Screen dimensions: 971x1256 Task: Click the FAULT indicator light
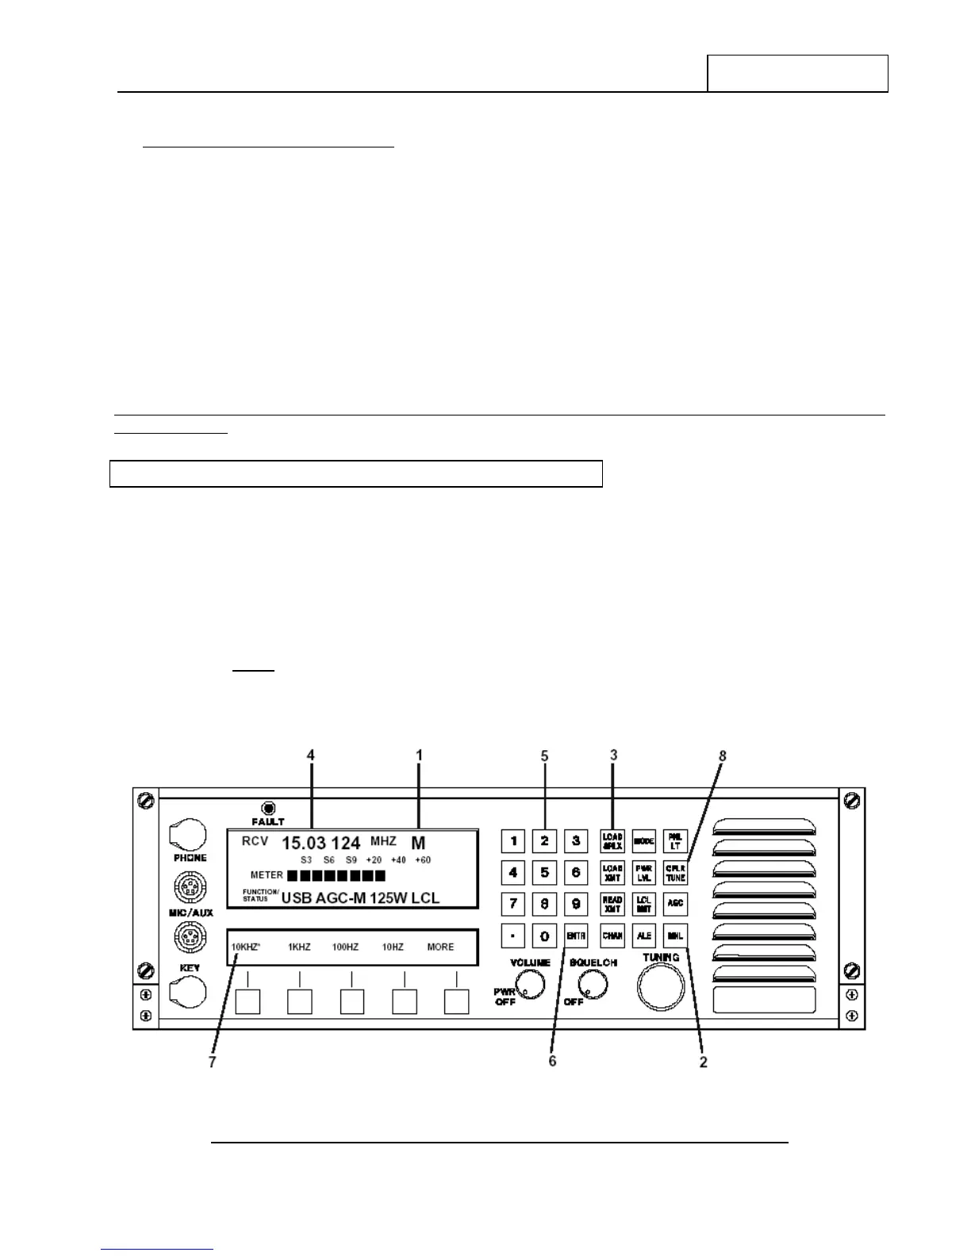pyautogui.click(x=268, y=808)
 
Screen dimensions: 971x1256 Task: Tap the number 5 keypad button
pyautogui.click(x=544, y=873)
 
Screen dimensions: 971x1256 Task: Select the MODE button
pyautogui.click(x=643, y=841)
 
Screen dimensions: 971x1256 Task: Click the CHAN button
pyautogui.click(x=612, y=936)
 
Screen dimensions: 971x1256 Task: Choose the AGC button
pyautogui.click(x=675, y=904)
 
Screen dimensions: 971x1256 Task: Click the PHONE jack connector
pyautogui.click(x=189, y=835)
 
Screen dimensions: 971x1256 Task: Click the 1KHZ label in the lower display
pyautogui.click(x=299, y=947)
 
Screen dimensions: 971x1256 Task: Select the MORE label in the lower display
pyautogui.click(x=440, y=947)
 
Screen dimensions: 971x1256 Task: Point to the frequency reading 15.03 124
pyautogui.click(x=321, y=843)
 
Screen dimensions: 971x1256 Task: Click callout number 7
pyautogui.click(x=212, y=1062)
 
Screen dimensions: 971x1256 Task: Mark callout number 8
pyautogui.click(x=722, y=756)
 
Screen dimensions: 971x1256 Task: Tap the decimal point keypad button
pyautogui.click(x=513, y=936)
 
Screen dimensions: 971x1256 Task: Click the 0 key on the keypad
pyautogui.click(x=544, y=936)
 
